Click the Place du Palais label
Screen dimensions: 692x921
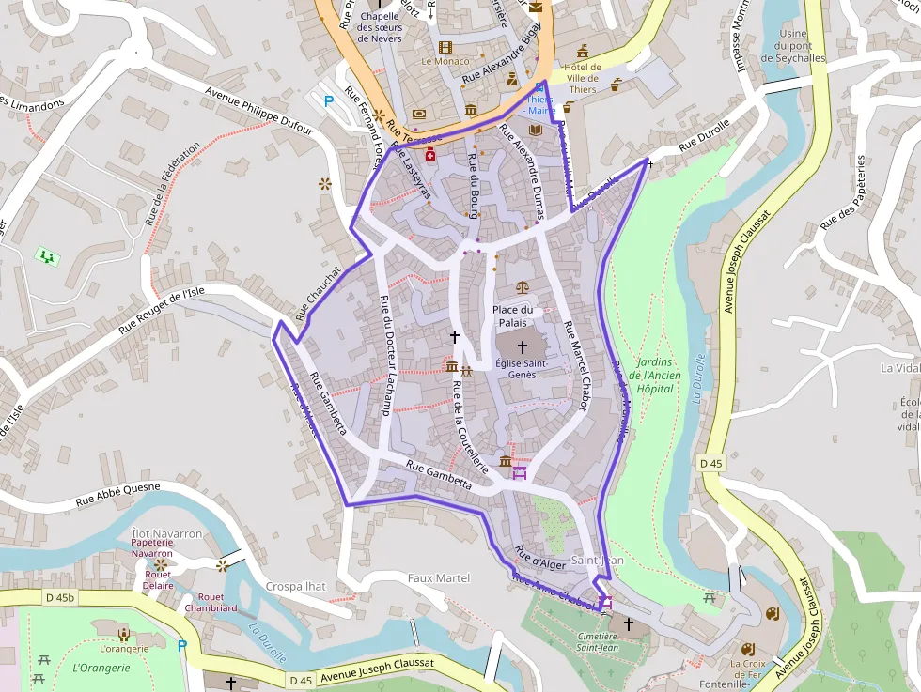(x=512, y=316)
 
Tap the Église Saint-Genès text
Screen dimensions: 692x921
(x=522, y=369)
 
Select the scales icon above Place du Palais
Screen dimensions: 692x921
(x=523, y=287)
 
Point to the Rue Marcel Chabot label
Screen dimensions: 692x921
(x=575, y=366)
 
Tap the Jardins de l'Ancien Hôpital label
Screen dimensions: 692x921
(x=655, y=375)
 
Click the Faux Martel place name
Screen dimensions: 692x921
(x=439, y=578)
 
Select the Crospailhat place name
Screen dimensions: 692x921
(x=295, y=586)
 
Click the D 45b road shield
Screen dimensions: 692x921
(x=58, y=597)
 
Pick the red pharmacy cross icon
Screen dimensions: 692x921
(x=430, y=155)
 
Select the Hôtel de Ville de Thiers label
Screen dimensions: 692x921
(x=582, y=78)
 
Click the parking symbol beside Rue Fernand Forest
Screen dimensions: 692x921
(x=328, y=100)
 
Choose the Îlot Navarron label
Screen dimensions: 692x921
(x=166, y=533)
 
